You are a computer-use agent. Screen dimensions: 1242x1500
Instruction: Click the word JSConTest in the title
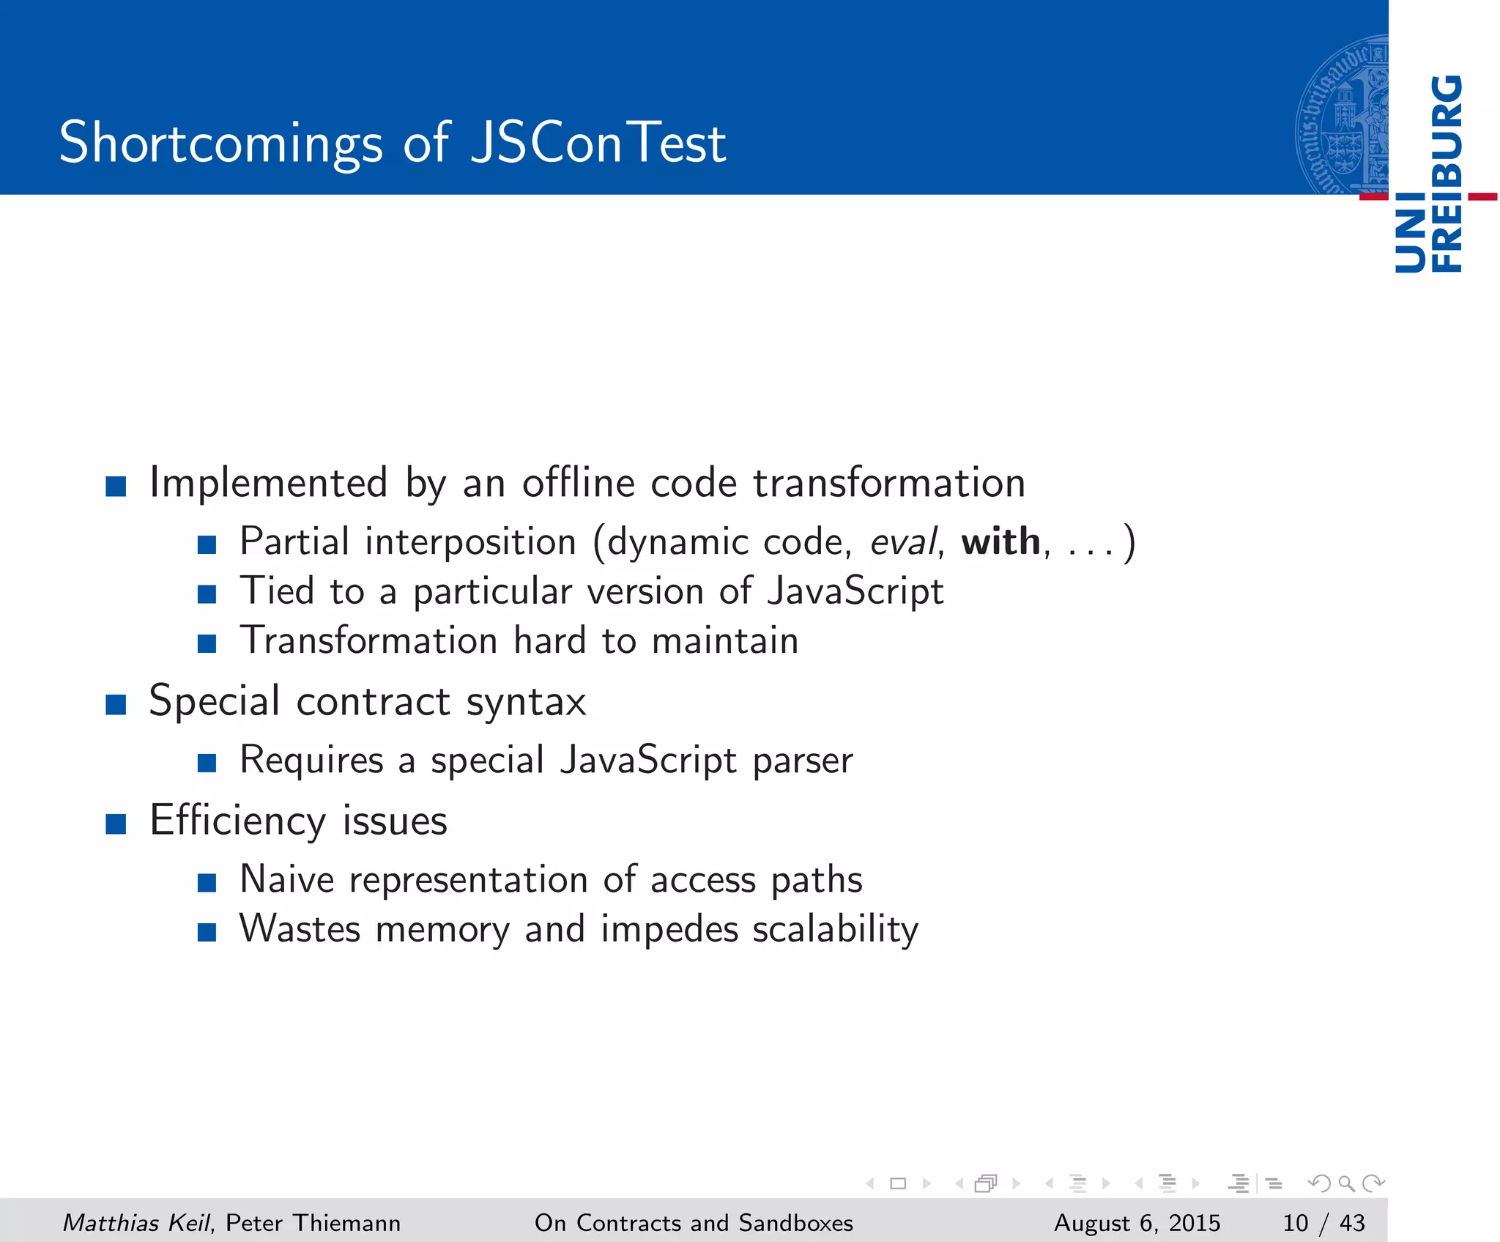click(x=597, y=142)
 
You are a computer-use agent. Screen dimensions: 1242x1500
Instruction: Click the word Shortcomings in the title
click(x=220, y=142)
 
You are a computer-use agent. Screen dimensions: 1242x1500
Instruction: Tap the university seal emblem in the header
click(x=1342, y=114)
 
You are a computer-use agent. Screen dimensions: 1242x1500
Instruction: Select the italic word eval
click(x=902, y=543)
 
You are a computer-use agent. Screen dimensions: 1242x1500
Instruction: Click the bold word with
click(x=1000, y=542)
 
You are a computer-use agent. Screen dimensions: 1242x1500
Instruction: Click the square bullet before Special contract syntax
click(x=116, y=704)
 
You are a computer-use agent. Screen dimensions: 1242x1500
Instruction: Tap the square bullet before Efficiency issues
click(x=116, y=824)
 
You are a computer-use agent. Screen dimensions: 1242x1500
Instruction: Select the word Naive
click(x=286, y=879)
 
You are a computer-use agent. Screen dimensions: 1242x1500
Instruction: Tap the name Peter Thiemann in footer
click(x=313, y=1223)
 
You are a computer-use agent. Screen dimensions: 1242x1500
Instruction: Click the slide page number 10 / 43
click(x=1323, y=1223)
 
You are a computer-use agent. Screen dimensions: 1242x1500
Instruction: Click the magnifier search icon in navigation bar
click(x=1346, y=1183)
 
